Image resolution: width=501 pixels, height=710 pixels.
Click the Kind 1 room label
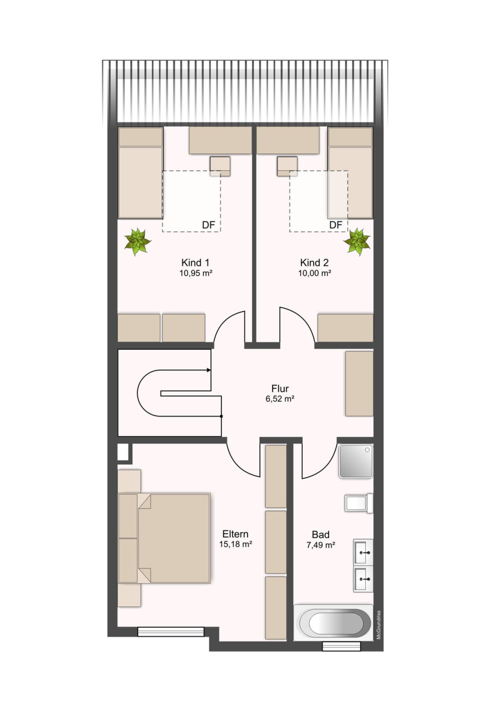195,263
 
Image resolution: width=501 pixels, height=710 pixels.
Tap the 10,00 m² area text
315,273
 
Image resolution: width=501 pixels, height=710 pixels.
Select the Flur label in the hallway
280,389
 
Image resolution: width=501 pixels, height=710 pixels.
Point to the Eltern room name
235,534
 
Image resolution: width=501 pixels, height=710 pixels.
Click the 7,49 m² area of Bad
321,545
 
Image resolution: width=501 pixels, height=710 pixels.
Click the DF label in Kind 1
209,225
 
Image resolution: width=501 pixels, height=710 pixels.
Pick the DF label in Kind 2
336,225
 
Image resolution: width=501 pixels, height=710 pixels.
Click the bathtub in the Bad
333,623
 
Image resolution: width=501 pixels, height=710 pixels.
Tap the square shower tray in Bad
356,461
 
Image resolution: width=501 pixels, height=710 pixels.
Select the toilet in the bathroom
359,503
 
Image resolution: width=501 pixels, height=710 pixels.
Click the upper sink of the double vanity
363,552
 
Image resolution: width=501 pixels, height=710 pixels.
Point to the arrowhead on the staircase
209,370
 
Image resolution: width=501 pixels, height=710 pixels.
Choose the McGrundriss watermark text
378,625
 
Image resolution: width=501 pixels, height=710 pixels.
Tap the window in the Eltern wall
171,631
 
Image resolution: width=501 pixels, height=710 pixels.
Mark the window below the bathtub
341,646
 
